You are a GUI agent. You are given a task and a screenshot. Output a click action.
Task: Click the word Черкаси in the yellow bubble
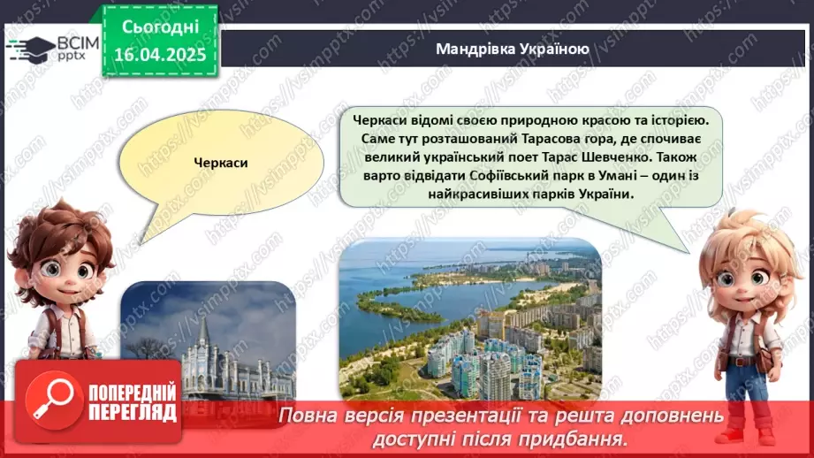pyautogui.click(x=222, y=164)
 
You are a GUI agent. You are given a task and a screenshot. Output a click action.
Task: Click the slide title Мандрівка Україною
pyautogui.click(x=512, y=49)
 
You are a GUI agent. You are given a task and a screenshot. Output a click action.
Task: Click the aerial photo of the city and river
pyautogui.click(x=470, y=319)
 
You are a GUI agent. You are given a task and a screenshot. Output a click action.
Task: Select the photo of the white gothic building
pyautogui.click(x=209, y=340)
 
